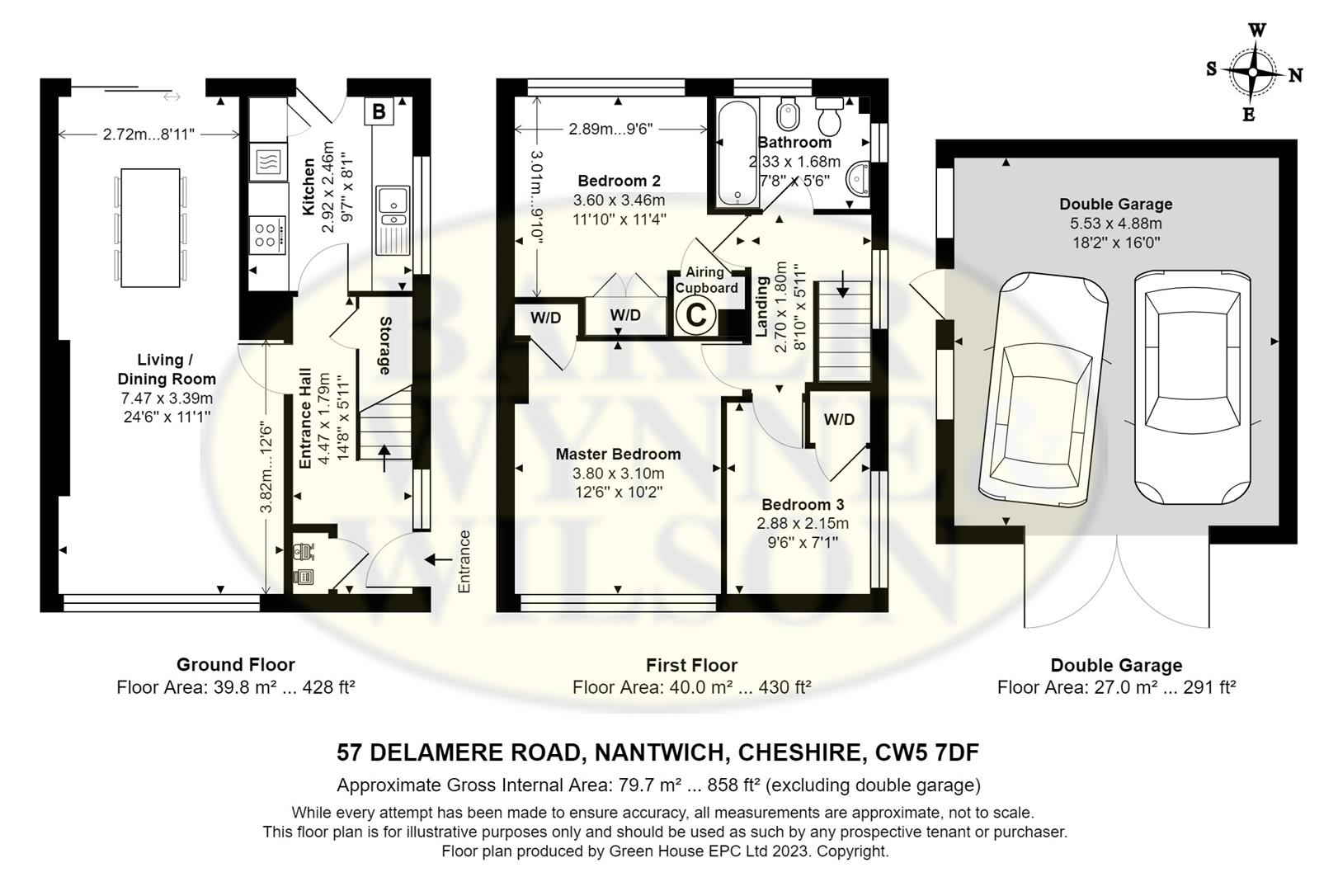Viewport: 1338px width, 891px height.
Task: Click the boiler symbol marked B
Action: pyautogui.click(x=379, y=111)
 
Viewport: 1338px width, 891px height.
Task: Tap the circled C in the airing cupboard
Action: pyautogui.click(x=695, y=315)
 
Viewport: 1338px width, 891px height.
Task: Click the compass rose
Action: pyautogui.click(x=1253, y=73)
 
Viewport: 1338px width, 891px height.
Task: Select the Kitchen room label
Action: pyautogui.click(x=309, y=186)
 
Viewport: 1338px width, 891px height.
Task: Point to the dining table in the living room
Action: pyautogui.click(x=150, y=228)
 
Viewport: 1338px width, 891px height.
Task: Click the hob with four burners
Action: pyautogui.click(x=266, y=235)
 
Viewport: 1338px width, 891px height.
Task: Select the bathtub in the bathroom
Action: pyautogui.click(x=737, y=153)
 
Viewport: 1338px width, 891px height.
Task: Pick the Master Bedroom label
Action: pyautogui.click(x=618, y=455)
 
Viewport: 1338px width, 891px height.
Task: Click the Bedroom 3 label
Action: pyautogui.click(x=803, y=504)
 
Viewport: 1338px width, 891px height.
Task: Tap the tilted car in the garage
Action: pyautogui.click(x=1044, y=389)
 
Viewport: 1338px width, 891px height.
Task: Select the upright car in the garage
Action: pyautogui.click(x=1192, y=387)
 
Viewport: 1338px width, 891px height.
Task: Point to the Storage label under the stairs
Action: pyautogui.click(x=385, y=346)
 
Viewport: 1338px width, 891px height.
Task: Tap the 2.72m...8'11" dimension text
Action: pyautogui.click(x=148, y=134)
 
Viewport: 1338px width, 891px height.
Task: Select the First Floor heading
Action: pyautogui.click(x=692, y=665)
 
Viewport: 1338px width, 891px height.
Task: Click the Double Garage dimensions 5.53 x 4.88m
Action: pyautogui.click(x=1116, y=224)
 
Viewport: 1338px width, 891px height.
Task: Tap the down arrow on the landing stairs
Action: pyautogui.click(x=842, y=285)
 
